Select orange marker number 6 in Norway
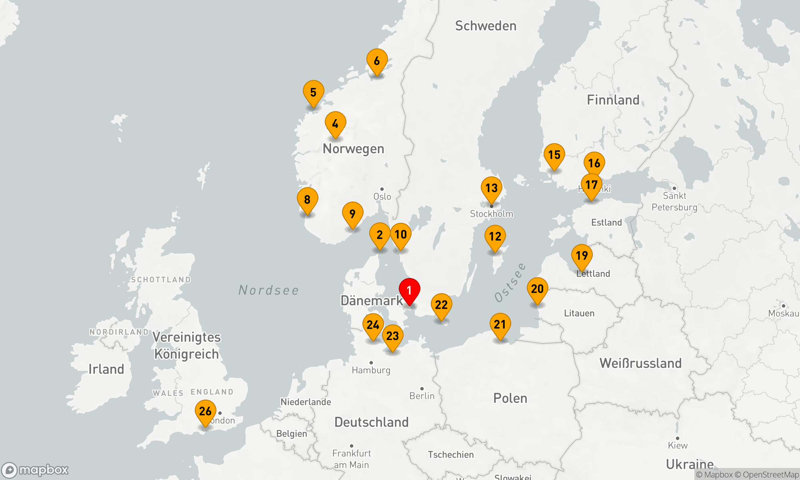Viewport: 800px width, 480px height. click(377, 61)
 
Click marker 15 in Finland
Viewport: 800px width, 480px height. click(554, 155)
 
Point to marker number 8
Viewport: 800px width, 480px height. click(307, 200)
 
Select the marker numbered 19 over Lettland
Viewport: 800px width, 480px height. click(582, 256)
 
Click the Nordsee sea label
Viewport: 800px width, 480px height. click(268, 290)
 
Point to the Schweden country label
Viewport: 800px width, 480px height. click(486, 26)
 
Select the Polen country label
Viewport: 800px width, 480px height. click(510, 398)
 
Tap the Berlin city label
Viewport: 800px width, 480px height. click(422, 396)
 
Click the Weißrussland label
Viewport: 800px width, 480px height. click(640, 363)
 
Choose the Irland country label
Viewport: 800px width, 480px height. click(106, 369)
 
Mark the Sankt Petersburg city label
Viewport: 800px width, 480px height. click(674, 201)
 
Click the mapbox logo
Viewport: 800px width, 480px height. click(35, 470)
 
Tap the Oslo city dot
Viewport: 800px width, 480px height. click(382, 189)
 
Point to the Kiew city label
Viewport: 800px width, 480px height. click(678, 445)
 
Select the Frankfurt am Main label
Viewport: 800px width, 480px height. click(351, 459)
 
